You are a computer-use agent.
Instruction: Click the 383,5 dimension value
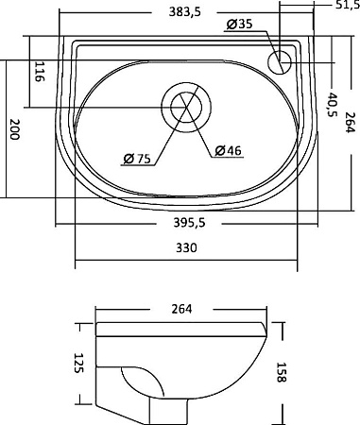point(184,12)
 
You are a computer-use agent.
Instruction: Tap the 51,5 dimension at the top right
point(348,5)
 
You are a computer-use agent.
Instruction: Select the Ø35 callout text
point(239,24)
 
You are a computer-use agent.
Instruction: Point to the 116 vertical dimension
point(39,72)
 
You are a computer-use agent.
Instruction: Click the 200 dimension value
point(14,129)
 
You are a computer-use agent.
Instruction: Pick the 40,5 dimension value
point(332,105)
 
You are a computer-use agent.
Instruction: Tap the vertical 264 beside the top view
point(350,123)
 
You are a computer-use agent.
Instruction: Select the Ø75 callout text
point(137,159)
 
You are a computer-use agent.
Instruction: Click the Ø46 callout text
point(229,150)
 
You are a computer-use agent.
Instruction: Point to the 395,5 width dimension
point(189,223)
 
